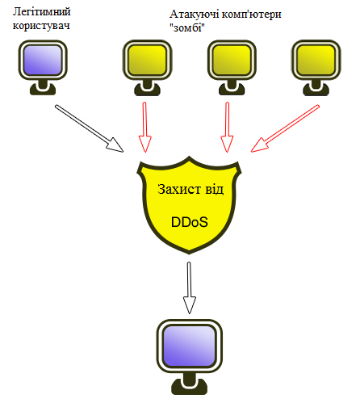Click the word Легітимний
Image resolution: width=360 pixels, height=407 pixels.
tap(42, 12)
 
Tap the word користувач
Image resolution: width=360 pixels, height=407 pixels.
tap(41, 26)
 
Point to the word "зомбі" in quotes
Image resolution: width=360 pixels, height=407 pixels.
tap(187, 27)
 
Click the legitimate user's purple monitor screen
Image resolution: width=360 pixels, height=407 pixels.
tap(43, 60)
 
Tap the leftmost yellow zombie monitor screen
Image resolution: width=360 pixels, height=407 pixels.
tap(147, 60)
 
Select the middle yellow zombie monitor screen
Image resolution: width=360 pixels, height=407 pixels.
tap(232, 60)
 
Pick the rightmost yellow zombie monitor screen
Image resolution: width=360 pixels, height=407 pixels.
tap(316, 60)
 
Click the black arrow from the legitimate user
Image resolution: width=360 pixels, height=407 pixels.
tap(89, 128)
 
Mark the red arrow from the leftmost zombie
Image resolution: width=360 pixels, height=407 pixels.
tap(145, 127)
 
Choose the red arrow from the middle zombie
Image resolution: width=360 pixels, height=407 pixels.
tap(227, 127)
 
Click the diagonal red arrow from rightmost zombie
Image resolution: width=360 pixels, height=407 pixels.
tap(285, 128)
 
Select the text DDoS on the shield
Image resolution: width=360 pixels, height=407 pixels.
tap(190, 222)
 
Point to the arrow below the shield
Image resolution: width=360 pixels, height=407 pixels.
tap(190, 287)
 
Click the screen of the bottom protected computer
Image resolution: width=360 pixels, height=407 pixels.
tap(190, 346)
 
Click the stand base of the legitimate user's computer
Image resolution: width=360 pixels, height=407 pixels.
tap(43, 89)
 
